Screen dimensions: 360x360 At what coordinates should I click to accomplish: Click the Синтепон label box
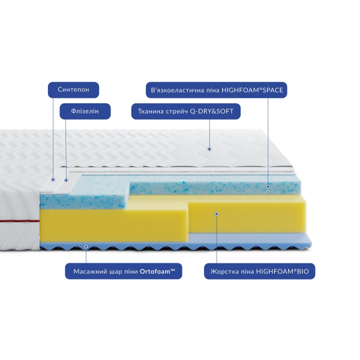(73, 90)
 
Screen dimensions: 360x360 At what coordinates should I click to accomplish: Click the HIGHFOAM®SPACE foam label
(217, 90)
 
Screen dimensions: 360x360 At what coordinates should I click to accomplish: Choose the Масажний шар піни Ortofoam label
(124, 271)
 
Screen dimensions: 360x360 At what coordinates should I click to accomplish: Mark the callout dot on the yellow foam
(217, 213)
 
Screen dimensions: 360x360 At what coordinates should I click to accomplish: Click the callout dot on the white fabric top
(209, 148)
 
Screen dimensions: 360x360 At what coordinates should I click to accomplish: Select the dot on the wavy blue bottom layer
(86, 245)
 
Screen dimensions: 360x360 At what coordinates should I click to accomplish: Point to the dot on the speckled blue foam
(269, 187)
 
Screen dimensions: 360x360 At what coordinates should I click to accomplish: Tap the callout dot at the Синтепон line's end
(53, 179)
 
